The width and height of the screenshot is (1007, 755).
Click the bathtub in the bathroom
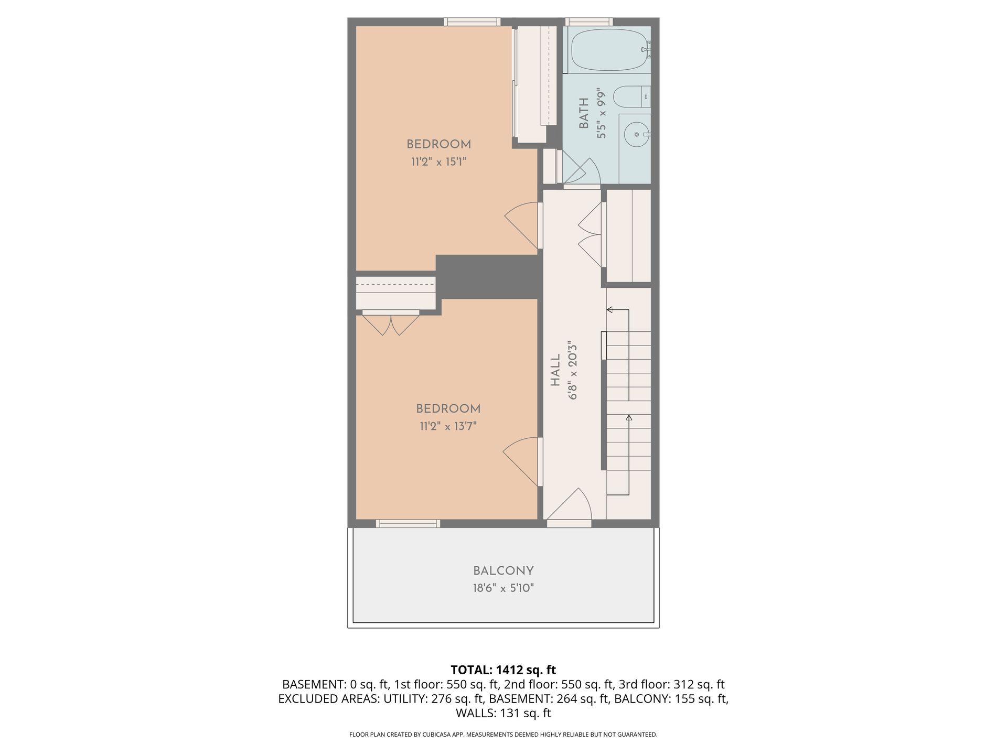click(610, 50)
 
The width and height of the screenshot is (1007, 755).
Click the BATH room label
click(584, 114)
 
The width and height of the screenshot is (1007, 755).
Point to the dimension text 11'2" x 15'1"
click(438, 161)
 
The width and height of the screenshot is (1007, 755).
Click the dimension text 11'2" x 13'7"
click(448, 426)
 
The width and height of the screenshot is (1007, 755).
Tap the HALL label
click(555, 370)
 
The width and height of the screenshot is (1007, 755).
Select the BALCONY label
click(504, 571)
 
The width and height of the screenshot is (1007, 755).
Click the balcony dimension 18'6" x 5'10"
click(504, 588)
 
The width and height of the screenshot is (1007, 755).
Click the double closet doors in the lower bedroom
click(391, 323)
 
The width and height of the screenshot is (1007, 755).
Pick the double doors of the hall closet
click(592, 234)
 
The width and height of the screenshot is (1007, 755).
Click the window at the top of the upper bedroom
click(472, 22)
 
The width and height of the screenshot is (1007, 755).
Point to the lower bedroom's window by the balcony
click(408, 523)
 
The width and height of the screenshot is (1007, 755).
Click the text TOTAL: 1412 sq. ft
click(504, 670)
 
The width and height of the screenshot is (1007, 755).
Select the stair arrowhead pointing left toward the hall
click(609, 310)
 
